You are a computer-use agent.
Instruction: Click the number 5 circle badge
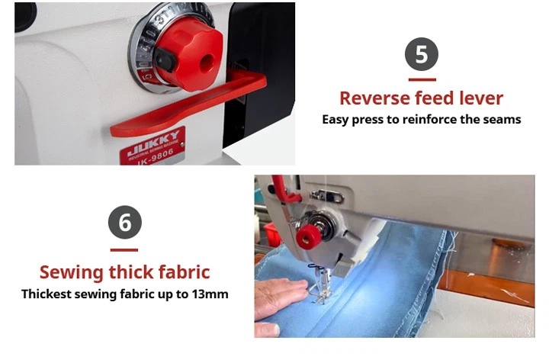[x=422, y=54]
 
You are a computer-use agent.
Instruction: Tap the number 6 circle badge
[x=125, y=222]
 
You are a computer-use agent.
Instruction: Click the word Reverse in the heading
[x=374, y=98]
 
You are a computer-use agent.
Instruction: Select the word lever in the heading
[x=481, y=98]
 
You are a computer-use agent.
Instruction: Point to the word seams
[x=502, y=120]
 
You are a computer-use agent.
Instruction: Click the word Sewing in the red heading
[x=72, y=273]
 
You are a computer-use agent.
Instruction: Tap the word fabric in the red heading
[x=185, y=272]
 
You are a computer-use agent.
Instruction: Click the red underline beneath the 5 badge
[x=422, y=79]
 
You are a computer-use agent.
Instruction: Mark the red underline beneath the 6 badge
[x=124, y=249]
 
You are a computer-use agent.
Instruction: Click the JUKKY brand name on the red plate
[x=154, y=143]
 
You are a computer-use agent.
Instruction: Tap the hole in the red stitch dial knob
[x=206, y=63]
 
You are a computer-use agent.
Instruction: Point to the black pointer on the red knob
[x=165, y=59]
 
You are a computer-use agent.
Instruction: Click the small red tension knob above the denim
[x=309, y=236]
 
